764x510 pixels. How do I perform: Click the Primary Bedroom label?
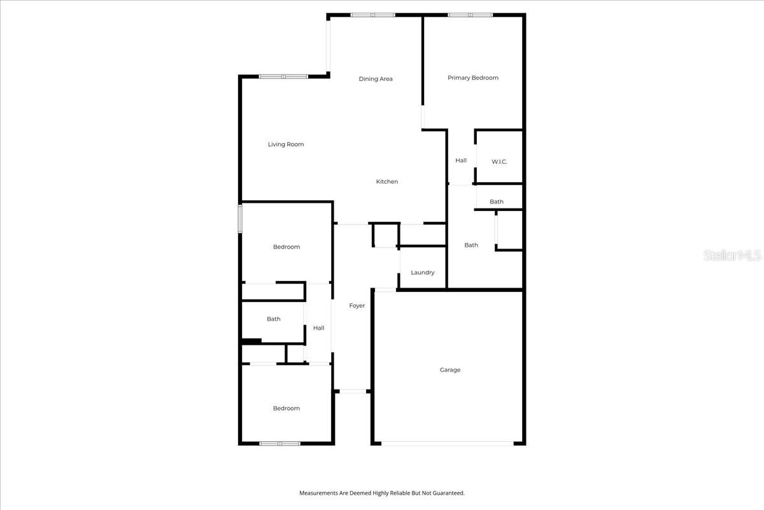472,78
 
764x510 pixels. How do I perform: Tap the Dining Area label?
376,79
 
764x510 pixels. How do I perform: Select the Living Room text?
286,145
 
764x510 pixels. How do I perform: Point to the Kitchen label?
386,182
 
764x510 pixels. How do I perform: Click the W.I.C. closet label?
499,162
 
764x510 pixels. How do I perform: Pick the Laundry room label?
423,273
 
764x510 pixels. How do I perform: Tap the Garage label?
449,370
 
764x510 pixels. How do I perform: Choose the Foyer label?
357,306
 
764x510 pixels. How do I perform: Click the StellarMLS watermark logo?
732,256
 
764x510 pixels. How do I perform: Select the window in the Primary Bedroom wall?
470,15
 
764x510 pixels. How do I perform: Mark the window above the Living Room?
283,76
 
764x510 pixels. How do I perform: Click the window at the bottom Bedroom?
280,443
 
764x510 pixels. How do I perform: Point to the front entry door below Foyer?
352,391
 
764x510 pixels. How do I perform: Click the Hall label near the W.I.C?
461,161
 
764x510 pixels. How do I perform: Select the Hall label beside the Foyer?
318,328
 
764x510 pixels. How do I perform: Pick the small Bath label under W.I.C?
497,202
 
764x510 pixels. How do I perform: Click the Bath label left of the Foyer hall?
274,319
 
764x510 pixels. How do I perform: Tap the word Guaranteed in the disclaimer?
449,493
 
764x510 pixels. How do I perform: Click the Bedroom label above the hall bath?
286,247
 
